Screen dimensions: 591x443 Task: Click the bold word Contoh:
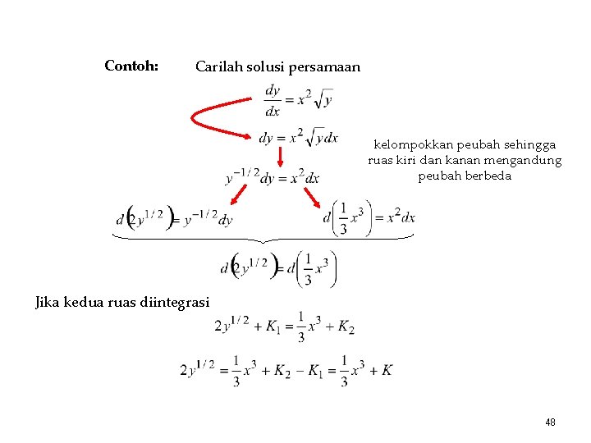pyautogui.click(x=131, y=66)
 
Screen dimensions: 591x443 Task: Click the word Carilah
pyautogui.click(x=218, y=67)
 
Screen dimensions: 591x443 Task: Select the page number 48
pyautogui.click(x=550, y=422)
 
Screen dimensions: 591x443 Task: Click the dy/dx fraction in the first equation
pyautogui.click(x=273, y=101)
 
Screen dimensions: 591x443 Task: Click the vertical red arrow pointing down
pyautogui.click(x=279, y=157)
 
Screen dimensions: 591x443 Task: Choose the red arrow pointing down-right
pyautogui.click(x=314, y=198)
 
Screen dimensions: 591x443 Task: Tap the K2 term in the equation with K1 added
pyautogui.click(x=346, y=327)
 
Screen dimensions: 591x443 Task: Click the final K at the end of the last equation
pyautogui.click(x=387, y=371)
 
